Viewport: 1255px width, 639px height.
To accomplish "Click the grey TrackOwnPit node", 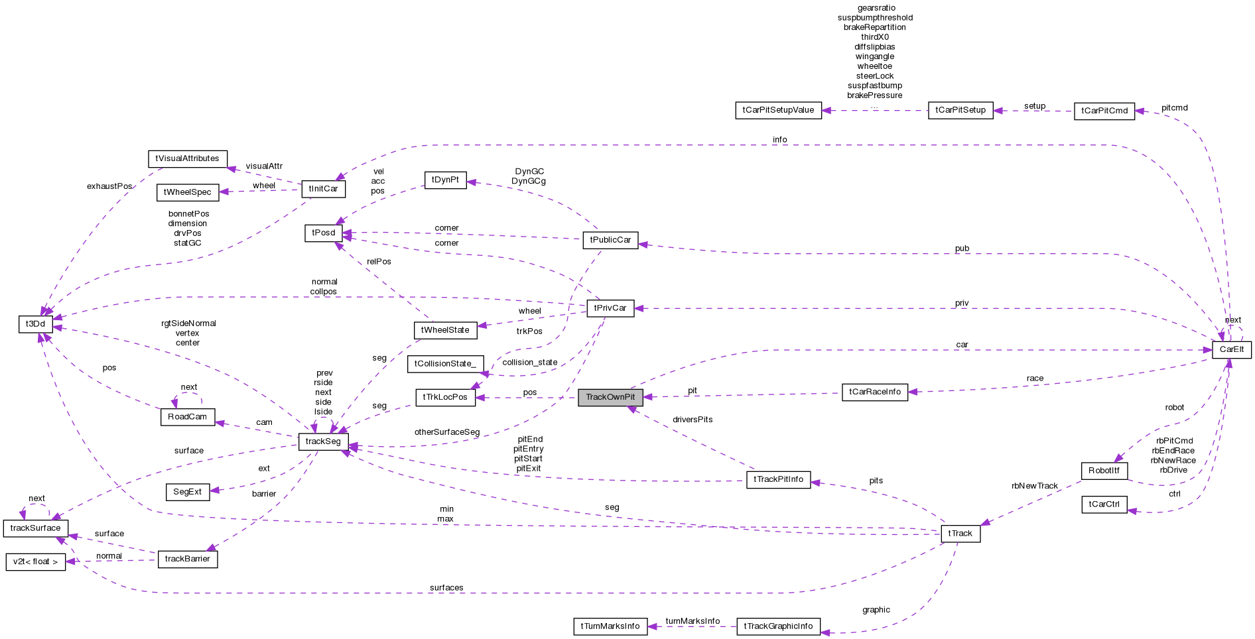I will coord(610,397).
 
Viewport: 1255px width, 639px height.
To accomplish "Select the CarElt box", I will coord(1231,349).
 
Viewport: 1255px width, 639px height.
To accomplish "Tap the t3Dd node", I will coord(35,324).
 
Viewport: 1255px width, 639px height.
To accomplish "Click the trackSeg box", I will coord(323,441).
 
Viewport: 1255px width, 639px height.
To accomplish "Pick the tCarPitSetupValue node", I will coord(778,110).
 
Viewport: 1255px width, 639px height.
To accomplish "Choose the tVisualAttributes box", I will coord(187,158).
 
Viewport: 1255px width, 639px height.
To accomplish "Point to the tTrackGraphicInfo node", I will coord(778,626).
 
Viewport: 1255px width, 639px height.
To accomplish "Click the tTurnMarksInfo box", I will coord(610,626).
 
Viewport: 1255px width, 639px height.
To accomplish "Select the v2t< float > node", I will coord(35,562).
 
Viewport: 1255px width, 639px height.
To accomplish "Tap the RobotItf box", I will coord(1104,471).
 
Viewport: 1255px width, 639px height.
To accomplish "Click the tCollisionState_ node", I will coord(445,364).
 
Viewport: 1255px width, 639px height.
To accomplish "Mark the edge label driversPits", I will coord(693,420).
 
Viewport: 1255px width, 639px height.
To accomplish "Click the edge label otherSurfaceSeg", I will coord(446,432).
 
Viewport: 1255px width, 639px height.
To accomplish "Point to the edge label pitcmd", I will coord(1174,107).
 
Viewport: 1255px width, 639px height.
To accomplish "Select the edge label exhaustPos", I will coord(109,186).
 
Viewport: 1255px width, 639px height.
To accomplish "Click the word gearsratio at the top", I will coord(876,8).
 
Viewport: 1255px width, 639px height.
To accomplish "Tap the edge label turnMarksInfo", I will coord(693,621).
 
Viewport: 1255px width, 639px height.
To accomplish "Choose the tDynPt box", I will coord(445,180).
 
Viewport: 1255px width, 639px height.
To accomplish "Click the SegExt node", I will coord(187,492).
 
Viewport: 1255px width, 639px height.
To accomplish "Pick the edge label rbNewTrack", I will coord(1034,486).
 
